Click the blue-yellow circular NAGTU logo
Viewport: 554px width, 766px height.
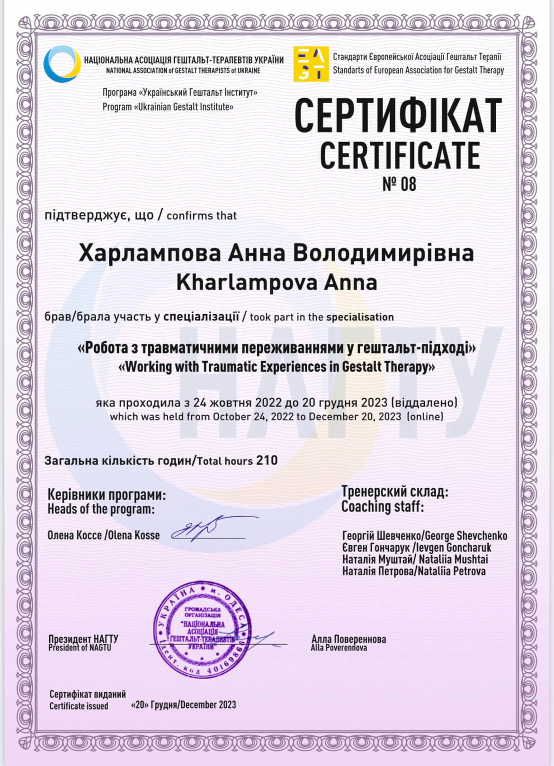click(62, 64)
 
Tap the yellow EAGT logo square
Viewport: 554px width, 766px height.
click(311, 64)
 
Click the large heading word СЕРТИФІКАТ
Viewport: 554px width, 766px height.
click(398, 116)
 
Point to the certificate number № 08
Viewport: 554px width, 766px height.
click(399, 184)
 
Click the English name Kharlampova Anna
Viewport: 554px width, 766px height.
click(277, 282)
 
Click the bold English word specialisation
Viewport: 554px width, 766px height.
click(360, 317)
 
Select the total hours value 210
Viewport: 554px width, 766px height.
click(267, 460)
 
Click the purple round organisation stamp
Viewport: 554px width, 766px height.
click(202, 629)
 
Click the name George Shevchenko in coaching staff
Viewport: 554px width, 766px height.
click(466, 536)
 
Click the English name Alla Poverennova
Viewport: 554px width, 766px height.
click(339, 648)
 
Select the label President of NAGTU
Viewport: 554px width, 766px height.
click(80, 648)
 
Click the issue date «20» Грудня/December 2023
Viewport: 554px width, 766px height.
click(183, 705)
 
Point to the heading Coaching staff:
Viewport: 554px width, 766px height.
click(382, 507)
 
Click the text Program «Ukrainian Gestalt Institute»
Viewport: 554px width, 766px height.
click(168, 107)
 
